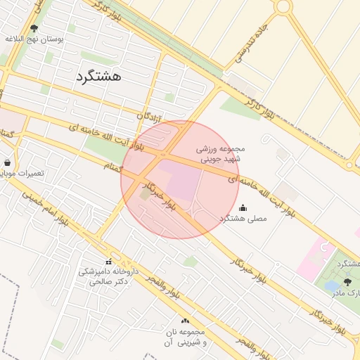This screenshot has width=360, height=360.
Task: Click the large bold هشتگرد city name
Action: [x=97, y=75]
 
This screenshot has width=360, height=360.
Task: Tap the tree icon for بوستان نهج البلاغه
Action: [x=34, y=29]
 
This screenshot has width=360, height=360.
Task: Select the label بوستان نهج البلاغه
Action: [x=34, y=39]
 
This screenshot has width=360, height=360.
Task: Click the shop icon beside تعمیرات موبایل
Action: [x=7, y=162]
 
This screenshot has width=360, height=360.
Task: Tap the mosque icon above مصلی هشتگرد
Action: [x=243, y=207]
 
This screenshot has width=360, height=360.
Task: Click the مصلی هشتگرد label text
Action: [x=243, y=219]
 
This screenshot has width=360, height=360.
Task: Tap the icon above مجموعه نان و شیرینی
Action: [x=185, y=321]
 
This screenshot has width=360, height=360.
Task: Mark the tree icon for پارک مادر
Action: [x=347, y=281]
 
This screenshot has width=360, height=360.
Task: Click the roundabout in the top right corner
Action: [x=283, y=6]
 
